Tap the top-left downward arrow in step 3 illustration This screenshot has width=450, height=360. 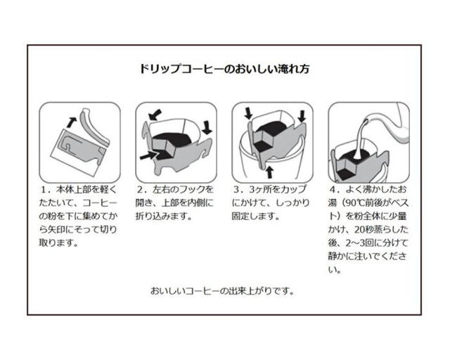coord(247,113)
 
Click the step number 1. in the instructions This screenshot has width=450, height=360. coord(44,191)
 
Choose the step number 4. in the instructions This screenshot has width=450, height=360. coord(333,191)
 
